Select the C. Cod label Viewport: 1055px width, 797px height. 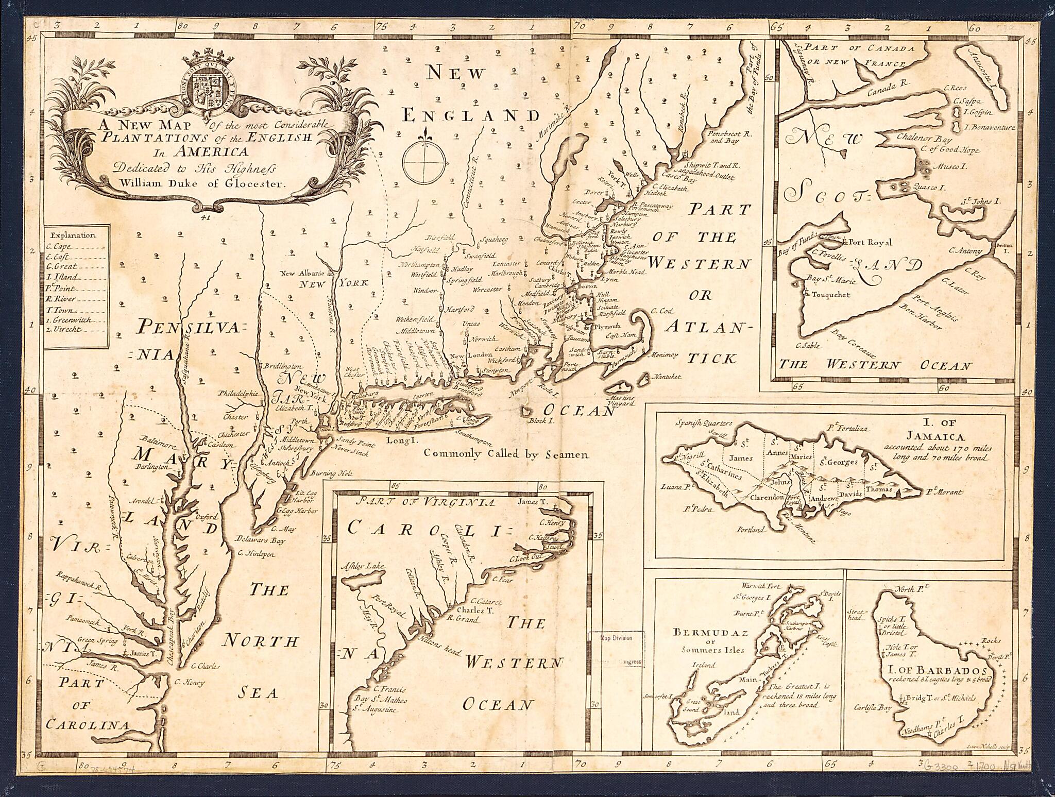click(662, 311)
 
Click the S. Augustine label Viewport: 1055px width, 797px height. click(371, 710)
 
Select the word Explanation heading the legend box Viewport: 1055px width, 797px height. click(74, 235)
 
